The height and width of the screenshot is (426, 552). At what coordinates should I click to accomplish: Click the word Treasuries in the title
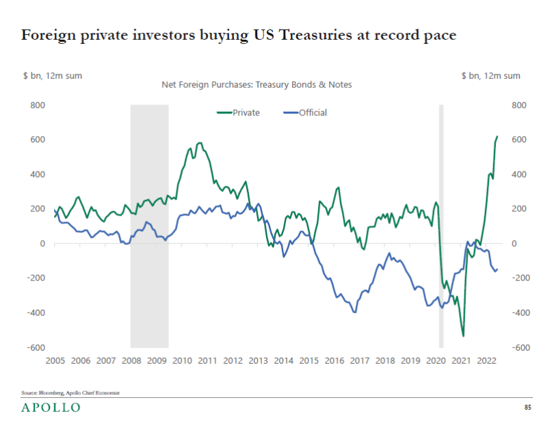coord(315,35)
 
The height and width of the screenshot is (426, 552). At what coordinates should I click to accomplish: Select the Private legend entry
coord(238,113)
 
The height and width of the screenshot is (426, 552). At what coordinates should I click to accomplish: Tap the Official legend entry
coord(305,113)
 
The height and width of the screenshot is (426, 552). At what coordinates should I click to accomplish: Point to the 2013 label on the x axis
coord(258,361)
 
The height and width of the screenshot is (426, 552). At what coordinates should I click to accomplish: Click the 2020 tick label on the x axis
coord(436,361)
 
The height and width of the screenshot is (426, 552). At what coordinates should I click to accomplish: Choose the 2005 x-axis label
coord(55,361)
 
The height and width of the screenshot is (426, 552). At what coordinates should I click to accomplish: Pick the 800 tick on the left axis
coord(38,105)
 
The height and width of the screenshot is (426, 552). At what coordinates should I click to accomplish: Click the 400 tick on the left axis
coord(38,174)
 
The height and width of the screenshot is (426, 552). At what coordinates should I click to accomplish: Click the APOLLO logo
coord(51,408)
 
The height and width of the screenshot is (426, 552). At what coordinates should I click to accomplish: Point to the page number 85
coord(527,408)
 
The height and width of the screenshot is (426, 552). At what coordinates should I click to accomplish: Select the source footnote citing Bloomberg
coord(70,392)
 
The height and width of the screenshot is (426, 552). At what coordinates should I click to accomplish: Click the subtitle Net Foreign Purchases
coord(257,85)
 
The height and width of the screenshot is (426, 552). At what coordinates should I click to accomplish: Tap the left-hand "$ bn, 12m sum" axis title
coord(53,76)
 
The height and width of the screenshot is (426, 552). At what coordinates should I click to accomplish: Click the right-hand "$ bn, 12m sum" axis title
coord(490,76)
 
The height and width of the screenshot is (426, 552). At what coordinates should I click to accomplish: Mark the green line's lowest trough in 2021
coord(463,336)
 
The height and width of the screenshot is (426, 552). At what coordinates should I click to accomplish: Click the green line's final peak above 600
coord(497,136)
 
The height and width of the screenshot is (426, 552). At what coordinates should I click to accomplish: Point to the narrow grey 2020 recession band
coord(441,226)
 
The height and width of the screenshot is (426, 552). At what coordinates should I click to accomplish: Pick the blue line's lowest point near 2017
coord(354,312)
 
